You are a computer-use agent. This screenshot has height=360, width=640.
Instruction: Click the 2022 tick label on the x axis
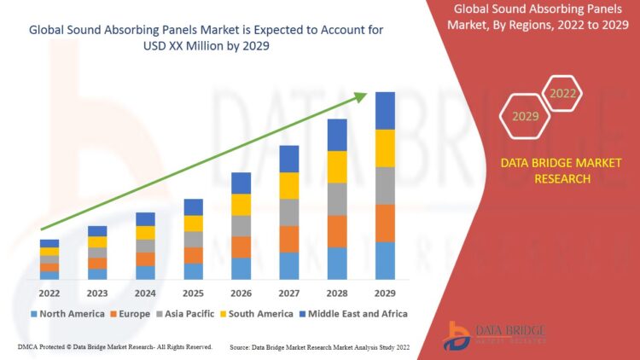click(x=49, y=292)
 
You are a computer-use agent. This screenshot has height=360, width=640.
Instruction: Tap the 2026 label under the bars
click(x=241, y=292)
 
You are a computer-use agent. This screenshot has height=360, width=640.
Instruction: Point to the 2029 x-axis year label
click(x=385, y=292)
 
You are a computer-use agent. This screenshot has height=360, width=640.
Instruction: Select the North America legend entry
click(x=67, y=314)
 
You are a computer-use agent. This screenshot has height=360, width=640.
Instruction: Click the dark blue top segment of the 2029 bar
click(x=385, y=110)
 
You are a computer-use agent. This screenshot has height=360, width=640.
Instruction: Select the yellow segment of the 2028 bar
click(x=337, y=166)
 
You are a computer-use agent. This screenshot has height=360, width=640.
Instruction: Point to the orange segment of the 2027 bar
click(x=289, y=239)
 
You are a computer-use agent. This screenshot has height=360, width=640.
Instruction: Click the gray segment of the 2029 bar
click(x=385, y=185)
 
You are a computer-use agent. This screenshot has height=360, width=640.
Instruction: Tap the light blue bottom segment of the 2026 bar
click(x=241, y=268)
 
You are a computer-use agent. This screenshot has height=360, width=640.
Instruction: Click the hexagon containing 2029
click(x=526, y=115)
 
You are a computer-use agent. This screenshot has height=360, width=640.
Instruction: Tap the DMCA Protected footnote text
click(x=114, y=347)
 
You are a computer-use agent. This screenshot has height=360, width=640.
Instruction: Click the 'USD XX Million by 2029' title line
click(x=206, y=46)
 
